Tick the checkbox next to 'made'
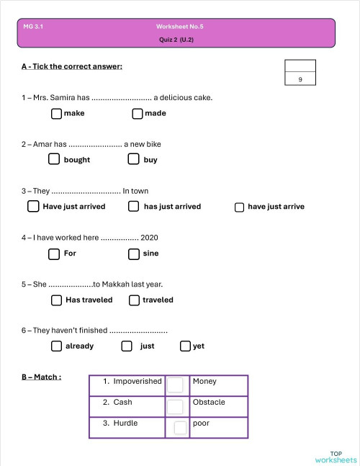click(x=138, y=113)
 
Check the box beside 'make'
click(x=57, y=113)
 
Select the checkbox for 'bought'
click(x=54, y=159)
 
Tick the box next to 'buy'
click(x=135, y=159)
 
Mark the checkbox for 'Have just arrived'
click(x=33, y=207)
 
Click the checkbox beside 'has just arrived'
click(x=133, y=207)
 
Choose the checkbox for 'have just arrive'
click(x=240, y=207)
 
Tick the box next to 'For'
click(x=54, y=254)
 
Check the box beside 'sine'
click(x=133, y=254)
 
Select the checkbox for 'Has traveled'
click(x=57, y=300)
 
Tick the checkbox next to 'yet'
click(x=186, y=346)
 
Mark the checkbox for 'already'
click(x=57, y=346)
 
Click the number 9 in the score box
click(x=300, y=80)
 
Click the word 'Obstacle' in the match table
click(x=209, y=402)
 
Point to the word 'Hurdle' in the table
click(x=125, y=423)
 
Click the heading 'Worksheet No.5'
click(x=180, y=26)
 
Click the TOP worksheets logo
click(x=336, y=457)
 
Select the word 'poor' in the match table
click(x=201, y=423)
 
